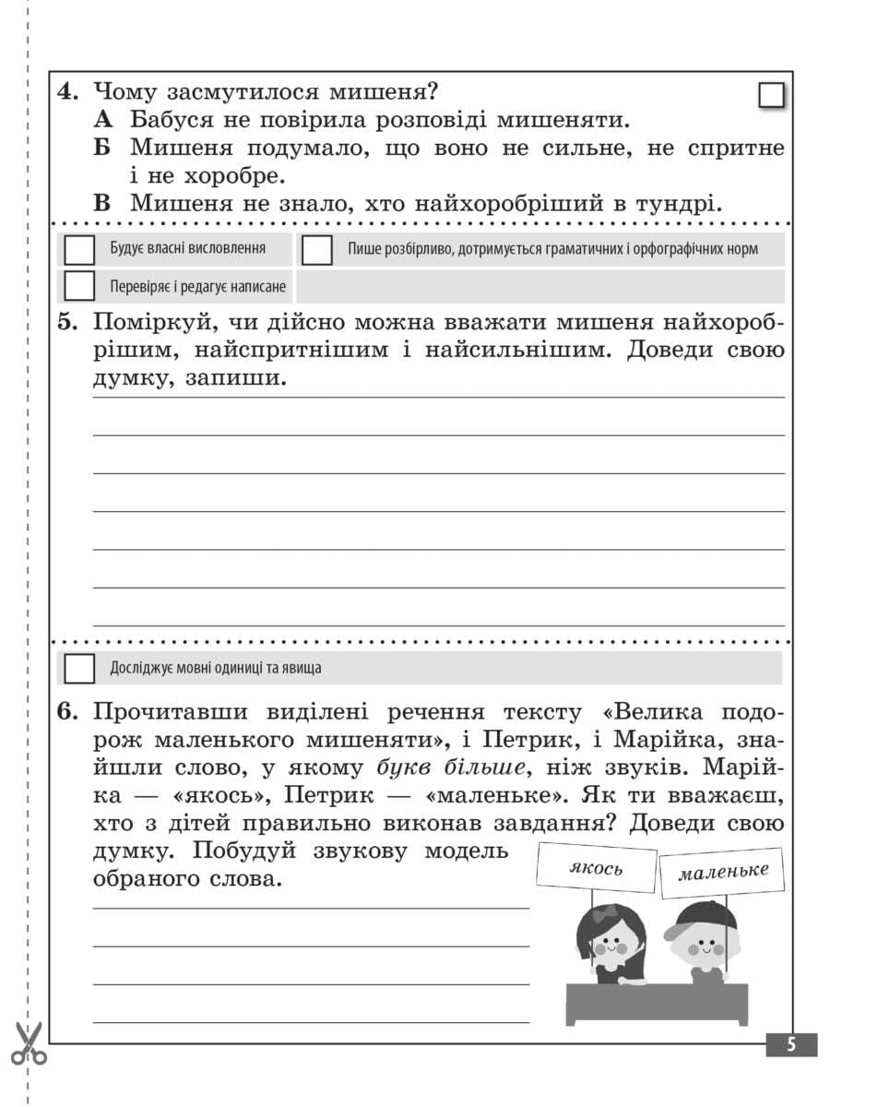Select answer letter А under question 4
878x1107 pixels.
point(103,120)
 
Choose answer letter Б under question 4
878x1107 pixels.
point(103,149)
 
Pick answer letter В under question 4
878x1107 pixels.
point(103,204)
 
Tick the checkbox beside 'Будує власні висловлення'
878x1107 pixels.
point(80,250)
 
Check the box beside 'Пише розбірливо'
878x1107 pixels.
point(317,250)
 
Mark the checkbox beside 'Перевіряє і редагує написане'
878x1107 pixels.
point(80,286)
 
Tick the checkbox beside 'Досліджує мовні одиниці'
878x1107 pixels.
point(80,668)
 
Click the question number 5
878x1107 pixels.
point(67,324)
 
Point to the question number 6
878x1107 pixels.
point(67,713)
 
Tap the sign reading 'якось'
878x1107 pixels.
point(597,867)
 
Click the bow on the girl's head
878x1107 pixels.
point(604,914)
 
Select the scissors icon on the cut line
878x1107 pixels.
point(29,1042)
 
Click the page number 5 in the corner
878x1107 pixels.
point(790,1044)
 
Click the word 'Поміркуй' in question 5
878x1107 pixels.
point(148,324)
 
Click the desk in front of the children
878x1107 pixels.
point(658,1003)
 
